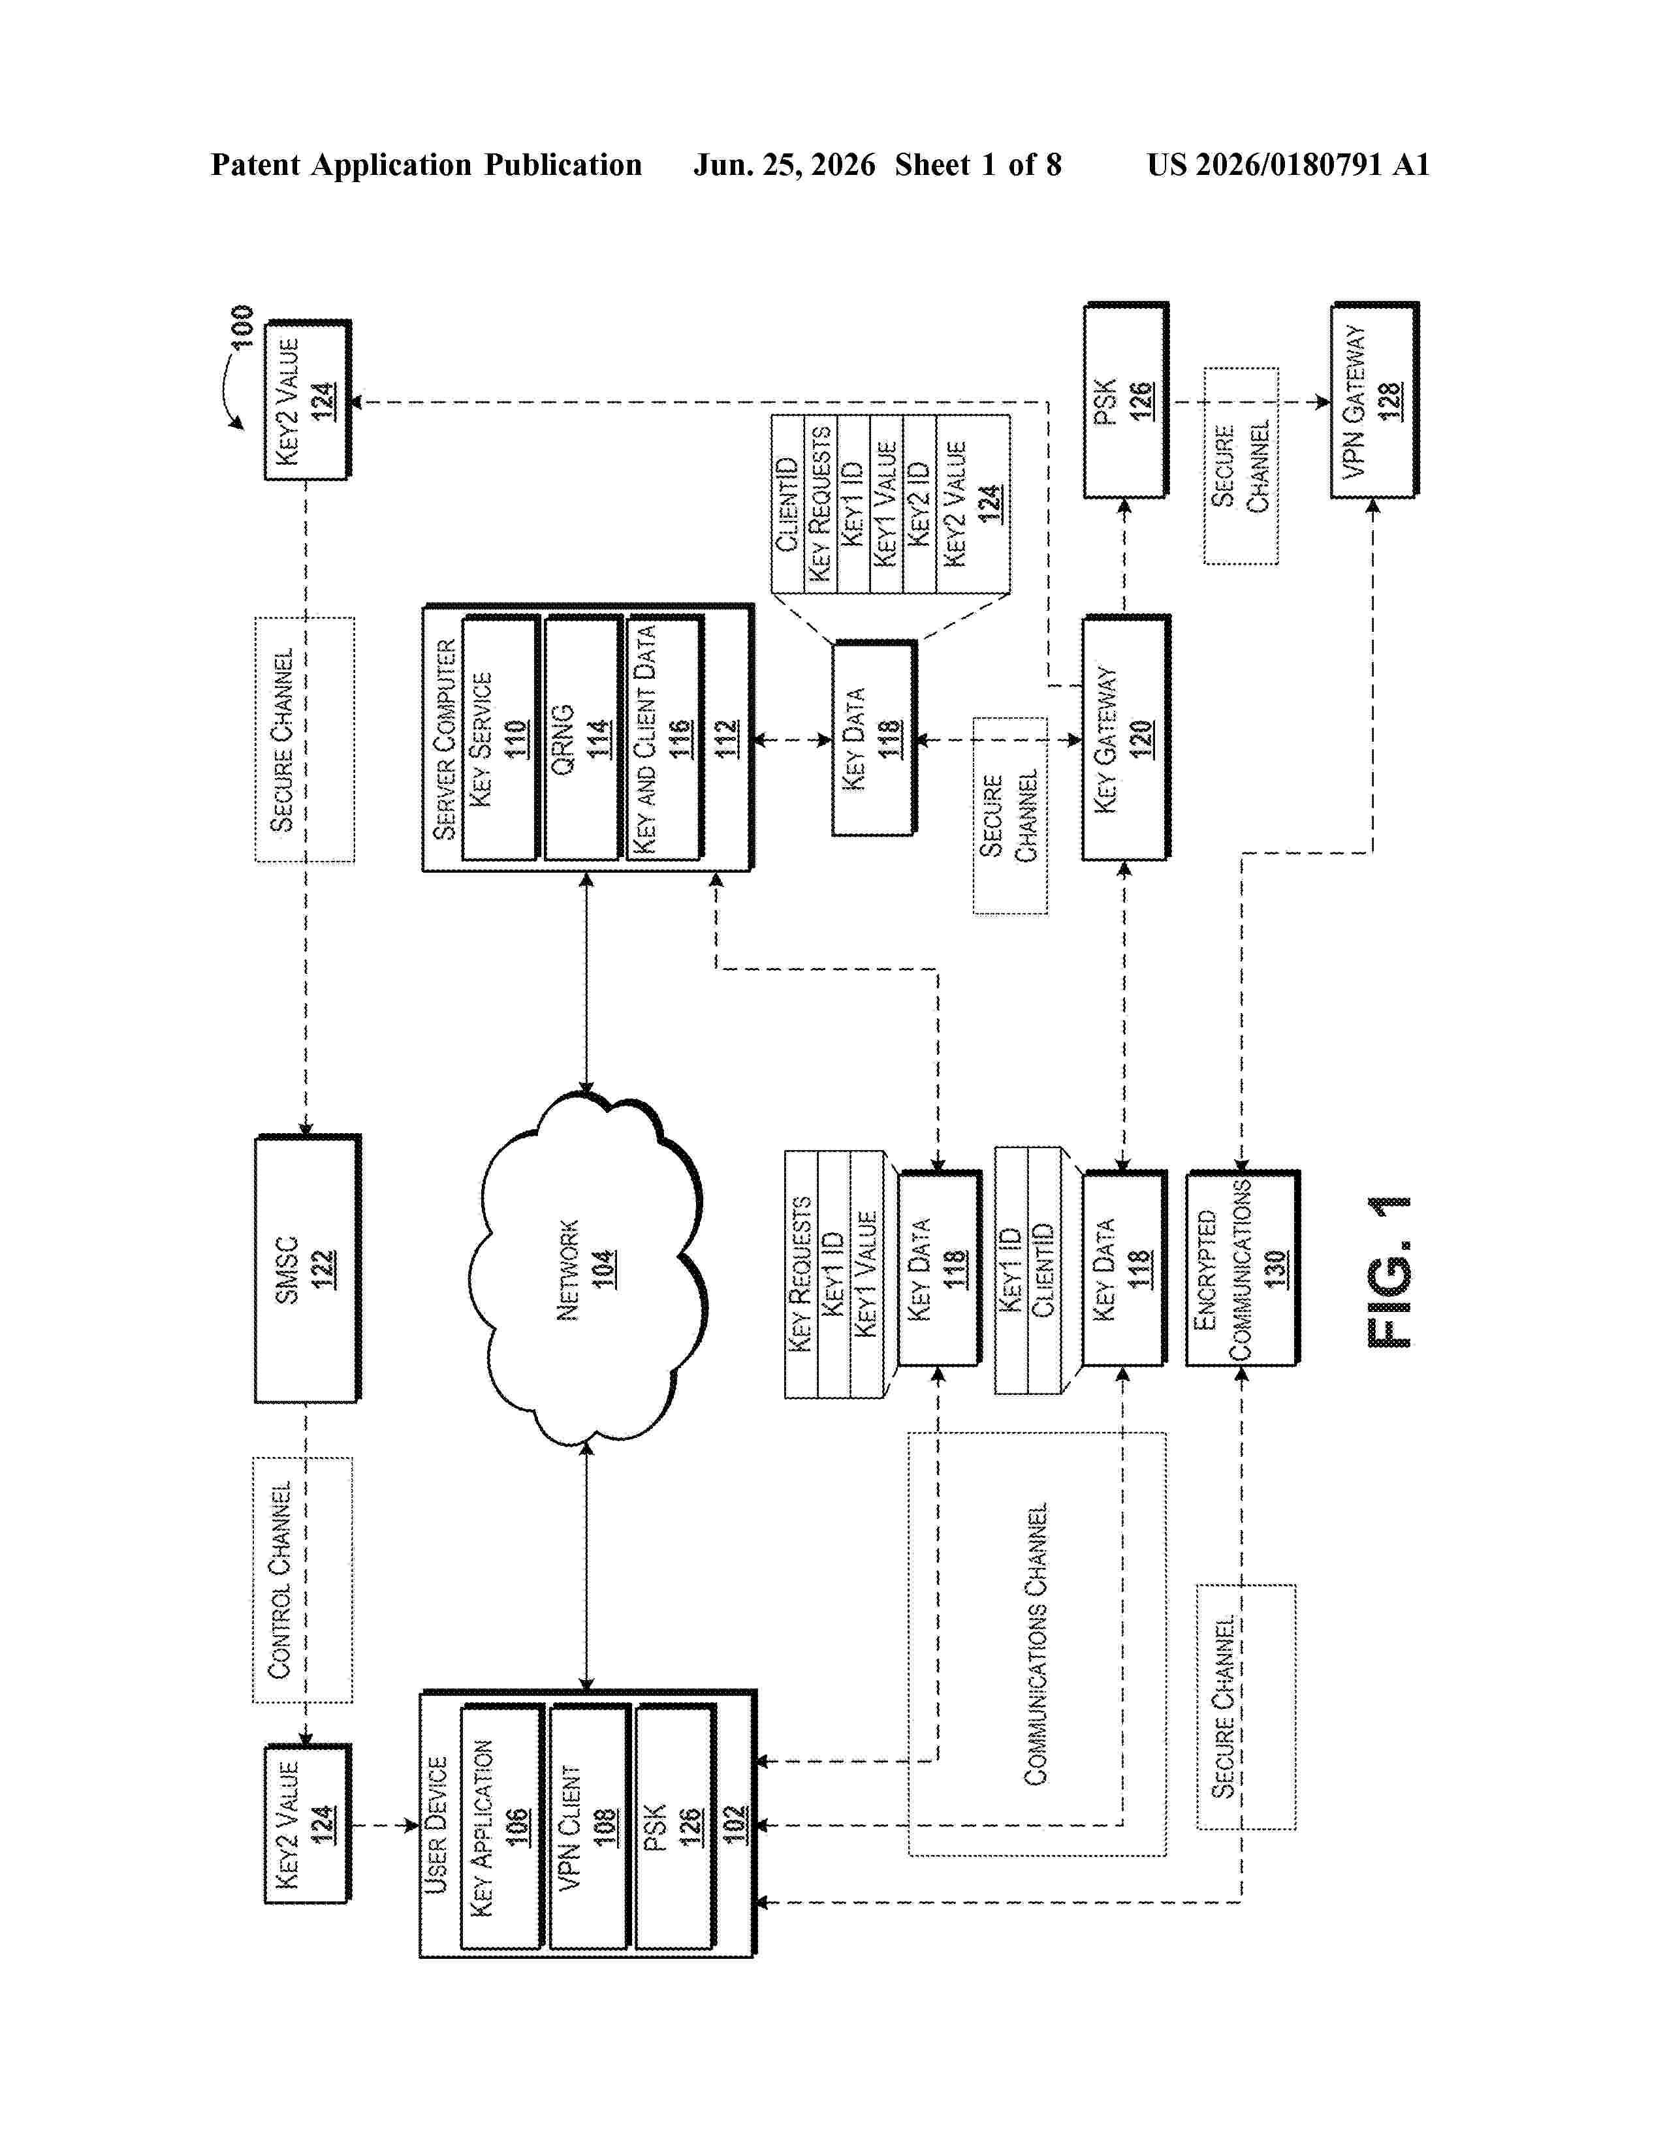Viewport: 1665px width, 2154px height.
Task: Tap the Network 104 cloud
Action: (x=587, y=1270)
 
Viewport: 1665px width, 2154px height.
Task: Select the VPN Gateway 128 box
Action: (x=1374, y=399)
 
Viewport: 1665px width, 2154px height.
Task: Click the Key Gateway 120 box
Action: (x=1126, y=738)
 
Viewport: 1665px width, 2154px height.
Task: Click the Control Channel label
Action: (x=281, y=1580)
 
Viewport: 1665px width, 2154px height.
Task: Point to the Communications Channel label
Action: (x=1036, y=1644)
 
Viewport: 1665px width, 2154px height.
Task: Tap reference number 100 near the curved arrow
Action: (x=242, y=326)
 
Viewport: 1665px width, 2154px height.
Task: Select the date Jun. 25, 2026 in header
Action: (x=784, y=164)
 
